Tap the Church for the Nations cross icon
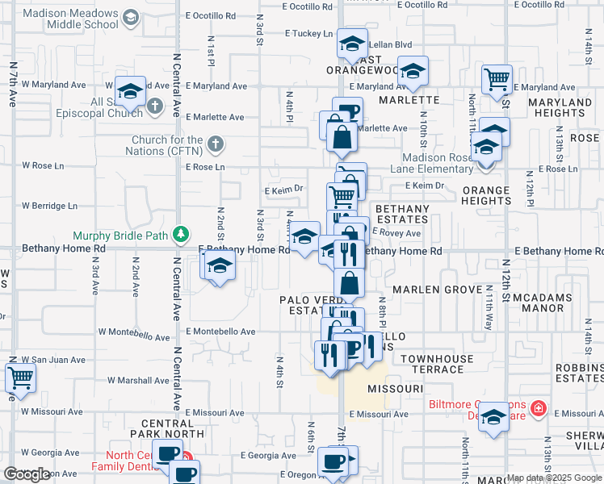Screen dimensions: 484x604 click(x=214, y=144)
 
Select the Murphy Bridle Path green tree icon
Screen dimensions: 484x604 click(x=185, y=236)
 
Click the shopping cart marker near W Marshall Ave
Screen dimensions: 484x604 click(x=20, y=377)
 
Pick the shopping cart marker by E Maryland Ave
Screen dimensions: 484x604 click(x=497, y=80)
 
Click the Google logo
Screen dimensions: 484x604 click(x=27, y=474)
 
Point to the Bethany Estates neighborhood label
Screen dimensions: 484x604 click(x=397, y=214)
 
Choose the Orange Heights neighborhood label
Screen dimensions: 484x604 click(x=486, y=196)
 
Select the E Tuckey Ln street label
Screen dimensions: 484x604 click(x=308, y=34)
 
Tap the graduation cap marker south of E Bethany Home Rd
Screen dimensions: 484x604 click(x=219, y=265)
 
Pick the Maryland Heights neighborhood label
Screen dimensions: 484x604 click(x=559, y=107)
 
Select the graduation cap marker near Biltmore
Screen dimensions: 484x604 click(x=494, y=416)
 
